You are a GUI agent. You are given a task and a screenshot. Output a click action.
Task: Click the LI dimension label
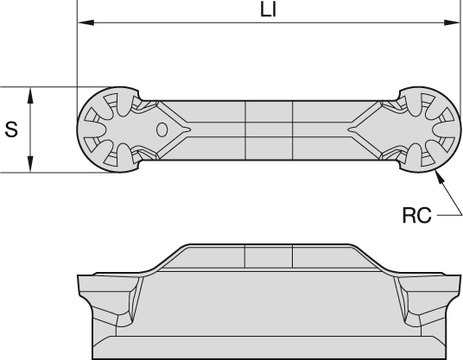268,14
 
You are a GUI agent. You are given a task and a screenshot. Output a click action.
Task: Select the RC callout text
415,215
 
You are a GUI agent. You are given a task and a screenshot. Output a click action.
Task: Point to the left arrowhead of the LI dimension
84,23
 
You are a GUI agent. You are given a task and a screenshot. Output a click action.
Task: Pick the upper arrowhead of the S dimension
31,92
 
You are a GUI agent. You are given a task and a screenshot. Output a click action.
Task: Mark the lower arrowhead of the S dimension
31,167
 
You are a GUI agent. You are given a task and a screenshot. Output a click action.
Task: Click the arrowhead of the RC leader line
440,174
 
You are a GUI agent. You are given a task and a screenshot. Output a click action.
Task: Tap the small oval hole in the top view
161,129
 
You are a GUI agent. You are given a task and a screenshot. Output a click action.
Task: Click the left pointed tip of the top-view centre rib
185,129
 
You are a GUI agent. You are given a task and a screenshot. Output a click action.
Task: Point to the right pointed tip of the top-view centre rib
349,129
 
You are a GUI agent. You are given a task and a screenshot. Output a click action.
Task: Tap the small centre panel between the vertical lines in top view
269,129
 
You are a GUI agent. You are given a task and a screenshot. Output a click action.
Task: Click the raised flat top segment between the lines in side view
269,256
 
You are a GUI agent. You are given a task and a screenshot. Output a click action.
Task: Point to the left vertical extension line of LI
77,52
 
